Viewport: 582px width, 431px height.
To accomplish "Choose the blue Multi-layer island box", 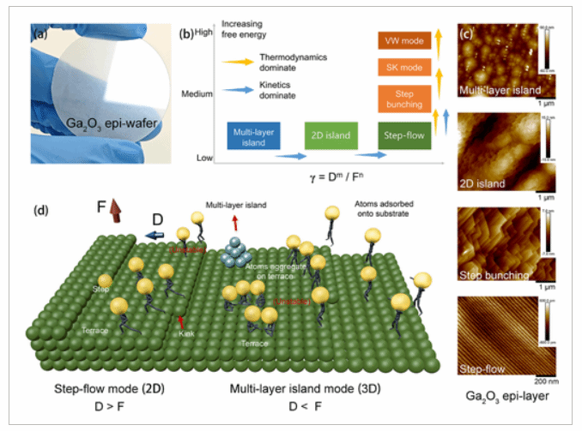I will coord(254,136).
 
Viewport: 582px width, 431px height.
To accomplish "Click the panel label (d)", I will coord(40,210).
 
